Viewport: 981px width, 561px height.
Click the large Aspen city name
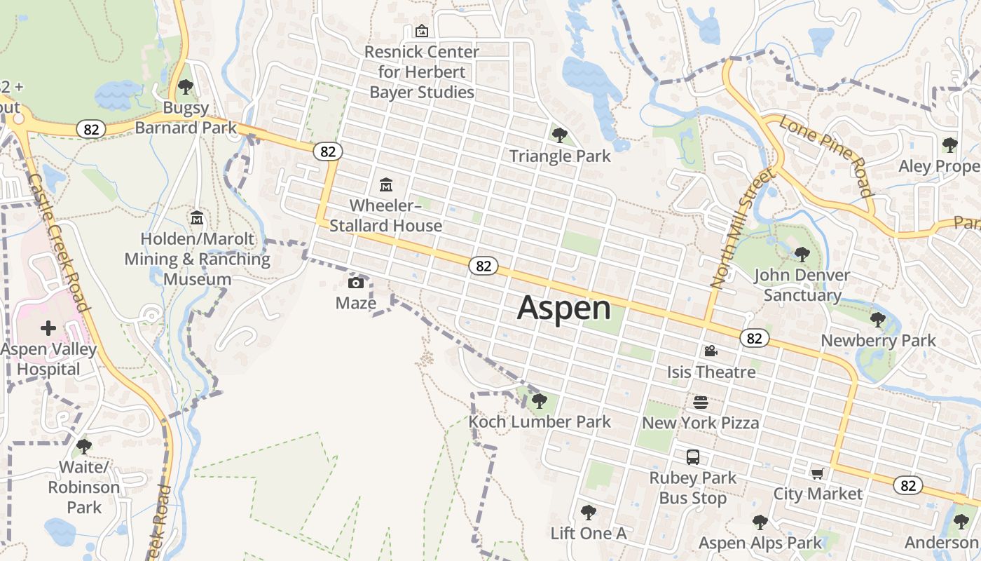pos(563,309)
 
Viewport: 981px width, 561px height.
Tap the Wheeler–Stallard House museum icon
pos(386,185)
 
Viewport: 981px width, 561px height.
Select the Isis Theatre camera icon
pos(711,351)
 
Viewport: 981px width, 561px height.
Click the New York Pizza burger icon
pos(701,403)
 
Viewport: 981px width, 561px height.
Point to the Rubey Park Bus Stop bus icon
pos(693,457)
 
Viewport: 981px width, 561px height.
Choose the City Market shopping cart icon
pos(818,473)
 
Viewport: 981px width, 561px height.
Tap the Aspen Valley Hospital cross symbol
pos(48,328)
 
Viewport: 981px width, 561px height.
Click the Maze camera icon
pos(356,283)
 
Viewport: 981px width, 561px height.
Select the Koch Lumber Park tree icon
pos(539,401)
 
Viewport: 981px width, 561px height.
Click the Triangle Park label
pos(560,156)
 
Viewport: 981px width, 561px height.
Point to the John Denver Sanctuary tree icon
pos(802,255)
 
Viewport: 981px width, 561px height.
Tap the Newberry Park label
pos(878,341)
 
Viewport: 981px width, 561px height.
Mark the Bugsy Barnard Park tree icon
pos(186,87)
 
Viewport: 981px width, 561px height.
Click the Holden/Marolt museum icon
pos(197,218)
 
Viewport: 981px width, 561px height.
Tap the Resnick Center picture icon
pos(422,31)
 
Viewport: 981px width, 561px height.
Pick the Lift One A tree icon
pos(588,513)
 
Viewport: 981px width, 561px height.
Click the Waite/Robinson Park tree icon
pos(84,447)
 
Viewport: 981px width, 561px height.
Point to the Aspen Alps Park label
pos(760,543)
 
